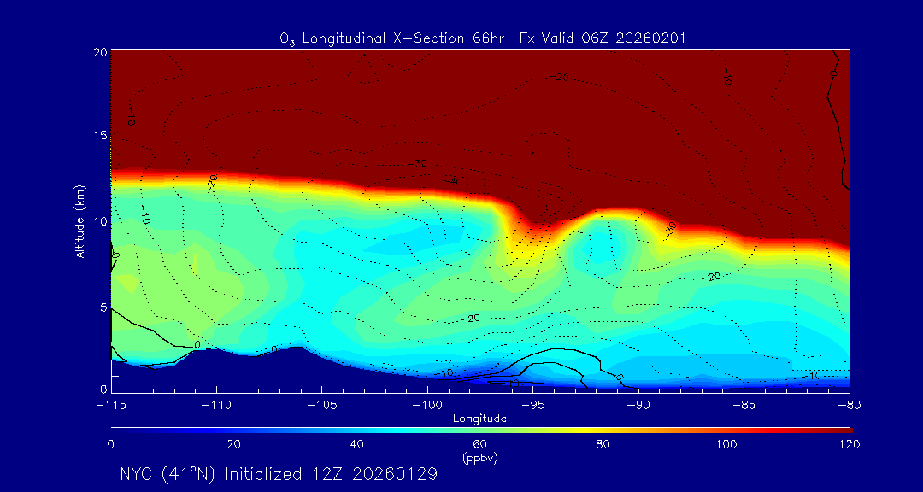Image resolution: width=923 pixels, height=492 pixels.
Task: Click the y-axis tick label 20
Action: tap(100, 52)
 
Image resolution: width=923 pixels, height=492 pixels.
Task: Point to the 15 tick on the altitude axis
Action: tap(100, 136)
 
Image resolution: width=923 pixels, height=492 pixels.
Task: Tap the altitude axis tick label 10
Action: tap(100, 220)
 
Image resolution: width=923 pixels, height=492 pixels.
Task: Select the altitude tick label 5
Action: tap(103, 305)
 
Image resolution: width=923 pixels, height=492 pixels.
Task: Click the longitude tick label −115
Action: tap(111, 404)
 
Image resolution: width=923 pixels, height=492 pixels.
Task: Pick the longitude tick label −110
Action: tap(216, 404)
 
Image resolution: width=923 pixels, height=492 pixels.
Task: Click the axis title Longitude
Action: tap(479, 419)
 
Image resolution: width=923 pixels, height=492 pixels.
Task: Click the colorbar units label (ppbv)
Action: tap(479, 458)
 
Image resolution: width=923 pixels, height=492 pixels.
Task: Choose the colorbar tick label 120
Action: tap(850, 444)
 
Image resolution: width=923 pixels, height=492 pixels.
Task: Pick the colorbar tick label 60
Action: tap(479, 444)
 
